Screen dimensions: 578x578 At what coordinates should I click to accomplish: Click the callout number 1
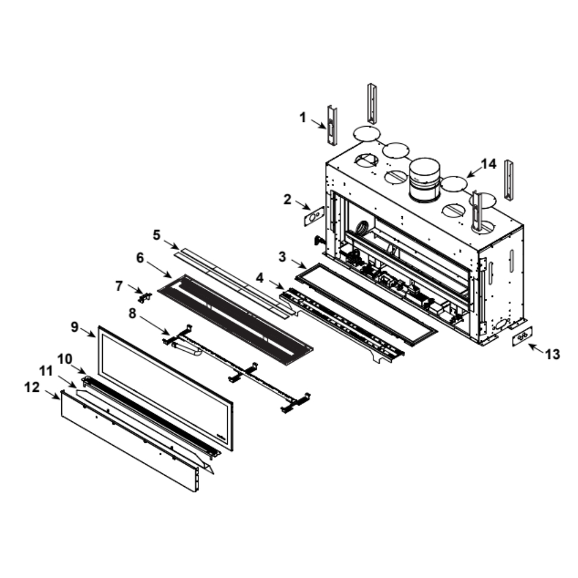[303, 118]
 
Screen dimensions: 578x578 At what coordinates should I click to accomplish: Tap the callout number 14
[489, 164]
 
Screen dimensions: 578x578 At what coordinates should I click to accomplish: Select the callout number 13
[552, 354]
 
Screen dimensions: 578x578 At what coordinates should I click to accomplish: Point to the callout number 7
[118, 286]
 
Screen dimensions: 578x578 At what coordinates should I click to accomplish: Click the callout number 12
[32, 387]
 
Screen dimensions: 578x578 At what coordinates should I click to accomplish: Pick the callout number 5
[157, 235]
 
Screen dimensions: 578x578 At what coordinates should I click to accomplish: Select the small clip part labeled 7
[145, 297]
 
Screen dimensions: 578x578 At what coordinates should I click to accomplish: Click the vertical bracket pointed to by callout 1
[332, 125]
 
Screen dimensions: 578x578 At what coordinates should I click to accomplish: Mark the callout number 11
[46, 371]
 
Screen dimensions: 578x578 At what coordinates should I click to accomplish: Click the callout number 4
[260, 278]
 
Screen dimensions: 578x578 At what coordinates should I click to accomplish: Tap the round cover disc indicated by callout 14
[454, 183]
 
